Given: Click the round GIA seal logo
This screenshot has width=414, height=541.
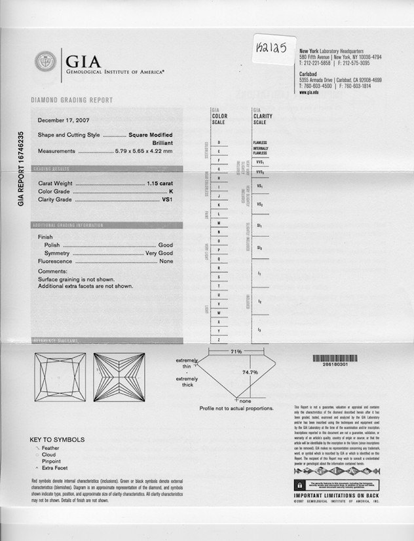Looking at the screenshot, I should point(45,61).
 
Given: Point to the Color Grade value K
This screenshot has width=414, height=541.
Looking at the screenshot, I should point(170,192).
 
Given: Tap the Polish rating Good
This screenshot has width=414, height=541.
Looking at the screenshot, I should point(165,245).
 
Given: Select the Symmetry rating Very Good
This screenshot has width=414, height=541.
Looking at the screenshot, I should point(159,253).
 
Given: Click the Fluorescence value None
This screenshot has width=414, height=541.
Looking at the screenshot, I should point(166,262).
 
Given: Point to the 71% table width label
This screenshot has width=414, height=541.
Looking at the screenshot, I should point(236,351).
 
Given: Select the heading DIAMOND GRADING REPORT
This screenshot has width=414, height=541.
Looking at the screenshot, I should point(71,100).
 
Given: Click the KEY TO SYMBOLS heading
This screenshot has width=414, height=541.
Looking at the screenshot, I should point(57,440).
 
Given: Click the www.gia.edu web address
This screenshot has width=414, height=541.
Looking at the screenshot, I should point(309,93).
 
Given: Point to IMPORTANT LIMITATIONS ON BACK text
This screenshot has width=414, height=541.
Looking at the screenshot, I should point(337,495).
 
